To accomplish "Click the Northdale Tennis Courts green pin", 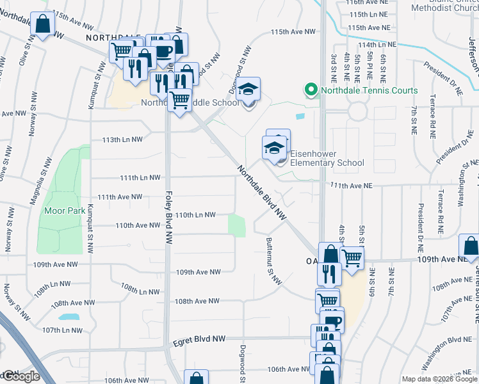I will (311, 90).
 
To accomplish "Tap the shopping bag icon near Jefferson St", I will (469, 246).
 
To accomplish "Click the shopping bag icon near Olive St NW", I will (43, 25).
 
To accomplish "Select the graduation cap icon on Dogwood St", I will (248, 90).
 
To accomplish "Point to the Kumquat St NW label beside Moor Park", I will (90, 221).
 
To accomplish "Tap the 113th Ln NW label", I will (122, 139).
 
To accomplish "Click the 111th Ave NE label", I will (352, 184).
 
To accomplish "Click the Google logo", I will (20, 376).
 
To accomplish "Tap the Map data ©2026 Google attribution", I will (439, 379).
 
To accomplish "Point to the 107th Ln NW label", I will (63, 330).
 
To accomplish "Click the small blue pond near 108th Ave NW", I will (68, 317).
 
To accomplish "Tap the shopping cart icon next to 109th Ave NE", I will (352, 258).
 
